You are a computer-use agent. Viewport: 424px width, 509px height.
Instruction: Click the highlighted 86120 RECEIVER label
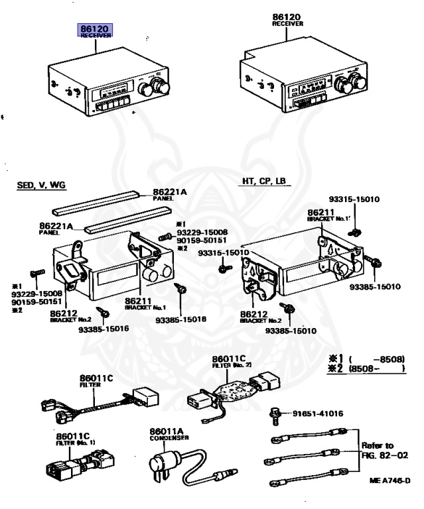pyautogui.click(x=96, y=31)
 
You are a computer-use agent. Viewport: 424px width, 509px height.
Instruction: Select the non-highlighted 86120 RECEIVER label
pyautogui.click(x=287, y=18)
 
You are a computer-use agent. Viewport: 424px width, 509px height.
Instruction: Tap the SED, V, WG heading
pyautogui.click(x=42, y=185)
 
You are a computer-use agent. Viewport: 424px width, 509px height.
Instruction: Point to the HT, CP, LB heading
pyautogui.click(x=263, y=180)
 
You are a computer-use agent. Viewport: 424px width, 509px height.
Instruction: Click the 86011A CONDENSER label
pyautogui.click(x=169, y=433)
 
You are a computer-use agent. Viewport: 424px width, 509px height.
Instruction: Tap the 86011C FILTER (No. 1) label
pyautogui.click(x=75, y=438)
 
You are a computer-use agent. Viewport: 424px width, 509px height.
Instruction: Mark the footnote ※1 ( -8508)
pyautogui.click(x=365, y=358)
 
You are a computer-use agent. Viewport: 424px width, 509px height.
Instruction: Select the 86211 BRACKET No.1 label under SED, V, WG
pyautogui.click(x=145, y=304)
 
